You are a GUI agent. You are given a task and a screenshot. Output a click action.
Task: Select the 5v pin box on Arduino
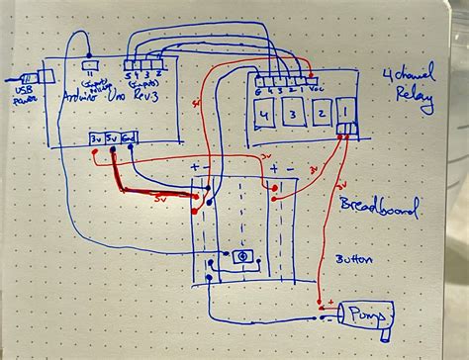[x=114, y=138]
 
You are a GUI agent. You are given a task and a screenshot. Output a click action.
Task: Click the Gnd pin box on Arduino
[x=130, y=138]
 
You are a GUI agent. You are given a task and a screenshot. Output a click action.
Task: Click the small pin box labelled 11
[x=93, y=68]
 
